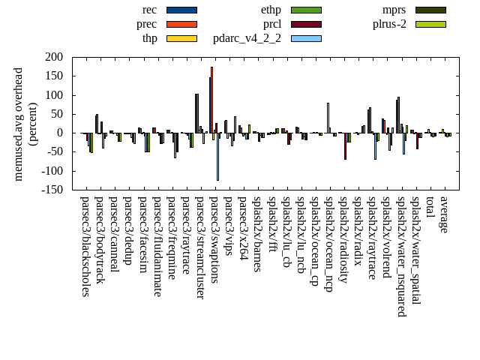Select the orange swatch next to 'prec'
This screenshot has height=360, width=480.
[x=181, y=24]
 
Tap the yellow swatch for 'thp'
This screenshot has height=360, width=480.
[x=181, y=38]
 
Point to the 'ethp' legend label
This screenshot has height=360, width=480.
[x=271, y=10]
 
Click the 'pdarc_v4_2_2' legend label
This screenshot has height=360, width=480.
[x=247, y=38]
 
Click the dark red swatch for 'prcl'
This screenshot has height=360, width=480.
[x=306, y=24]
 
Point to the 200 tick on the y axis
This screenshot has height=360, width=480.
[x=53, y=57]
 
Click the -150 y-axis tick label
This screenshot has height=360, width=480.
[x=51, y=190]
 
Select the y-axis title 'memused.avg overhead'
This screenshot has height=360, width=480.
[x=19, y=124]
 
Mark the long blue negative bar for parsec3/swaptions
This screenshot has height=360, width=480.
[x=217, y=157]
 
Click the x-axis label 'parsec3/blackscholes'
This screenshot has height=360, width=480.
[x=85, y=246]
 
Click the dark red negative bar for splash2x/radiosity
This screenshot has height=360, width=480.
[x=346, y=146]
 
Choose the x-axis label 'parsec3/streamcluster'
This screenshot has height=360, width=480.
[x=200, y=247]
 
